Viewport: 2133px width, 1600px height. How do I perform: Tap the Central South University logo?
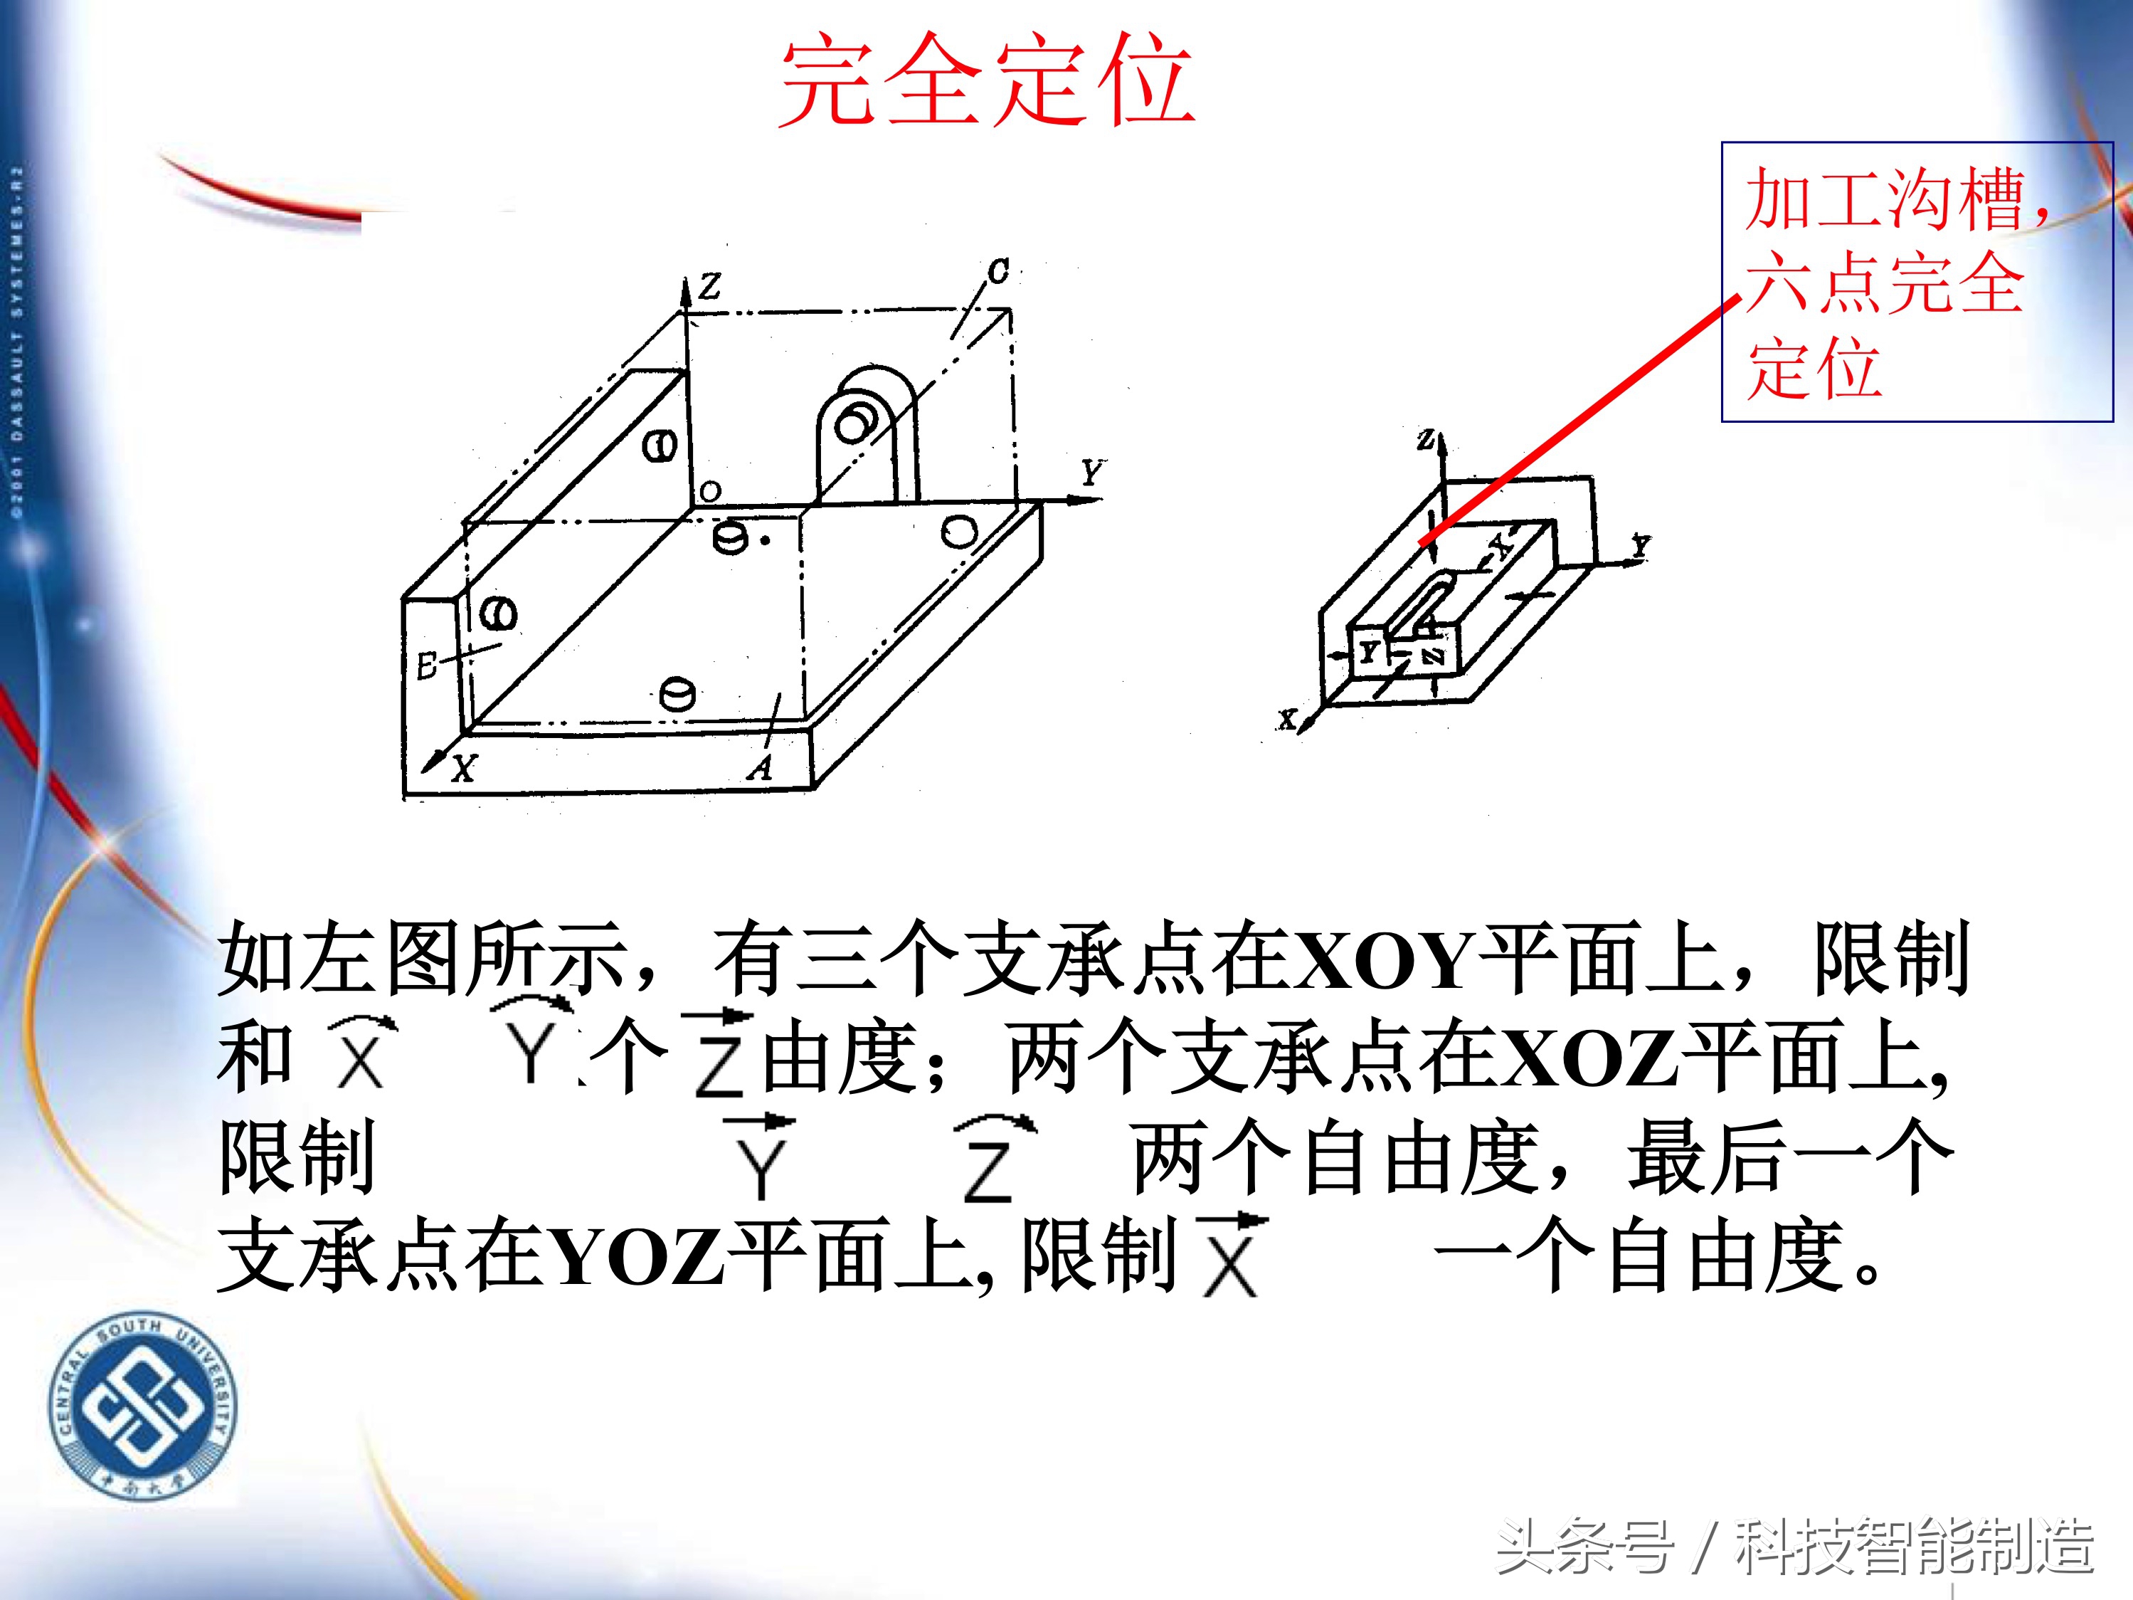click(143, 1406)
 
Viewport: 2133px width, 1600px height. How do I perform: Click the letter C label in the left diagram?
click(998, 271)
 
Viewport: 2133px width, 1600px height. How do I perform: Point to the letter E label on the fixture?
click(427, 665)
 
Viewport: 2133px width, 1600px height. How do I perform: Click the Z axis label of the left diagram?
click(711, 285)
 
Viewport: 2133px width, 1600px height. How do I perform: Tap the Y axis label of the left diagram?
click(1091, 473)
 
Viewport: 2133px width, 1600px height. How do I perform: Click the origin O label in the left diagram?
click(711, 492)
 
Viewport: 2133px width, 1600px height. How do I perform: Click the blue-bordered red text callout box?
click(1917, 282)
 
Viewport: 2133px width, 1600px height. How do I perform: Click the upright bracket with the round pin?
click(866, 434)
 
